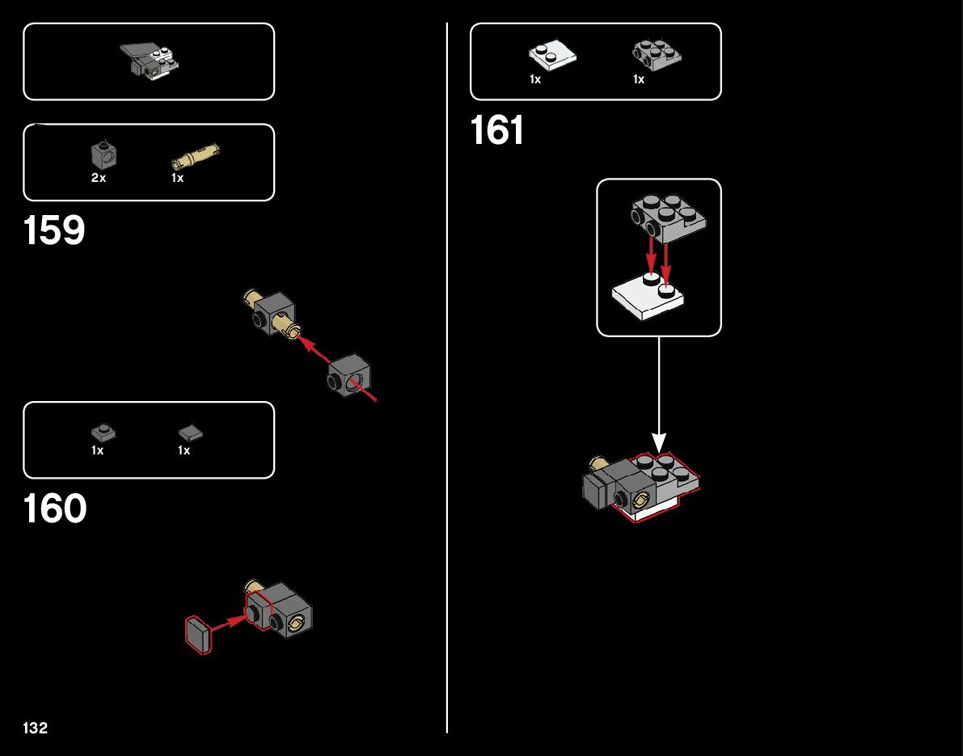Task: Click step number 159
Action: [x=54, y=231]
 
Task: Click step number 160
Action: [x=55, y=509]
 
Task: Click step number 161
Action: [x=497, y=131]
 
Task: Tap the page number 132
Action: [x=36, y=729]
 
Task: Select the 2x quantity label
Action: [x=99, y=178]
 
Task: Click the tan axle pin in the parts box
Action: [x=195, y=154]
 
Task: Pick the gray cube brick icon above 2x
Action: [x=102, y=153]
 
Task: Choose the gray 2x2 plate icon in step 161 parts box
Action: [x=655, y=54]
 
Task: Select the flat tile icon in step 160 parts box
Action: [x=190, y=433]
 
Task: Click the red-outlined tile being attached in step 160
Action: [x=198, y=635]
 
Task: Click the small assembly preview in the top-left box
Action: [x=150, y=61]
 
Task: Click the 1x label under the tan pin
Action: [x=178, y=178]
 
